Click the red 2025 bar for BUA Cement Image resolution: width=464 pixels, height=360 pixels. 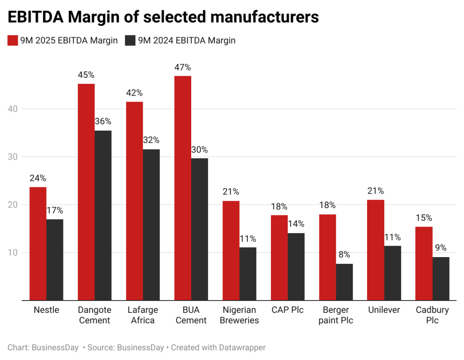(183, 188)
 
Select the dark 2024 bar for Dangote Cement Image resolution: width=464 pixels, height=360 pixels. (103, 215)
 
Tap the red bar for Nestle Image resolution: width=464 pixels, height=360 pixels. (38, 243)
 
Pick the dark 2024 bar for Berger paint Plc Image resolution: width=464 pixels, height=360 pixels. (344, 282)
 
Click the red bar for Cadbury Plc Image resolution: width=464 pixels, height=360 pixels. (424, 263)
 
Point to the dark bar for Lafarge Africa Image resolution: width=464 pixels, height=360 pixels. (151, 224)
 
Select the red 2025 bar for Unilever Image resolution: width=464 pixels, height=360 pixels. (376, 250)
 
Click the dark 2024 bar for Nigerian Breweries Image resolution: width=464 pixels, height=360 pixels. (248, 273)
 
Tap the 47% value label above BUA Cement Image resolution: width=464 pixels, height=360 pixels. (183, 67)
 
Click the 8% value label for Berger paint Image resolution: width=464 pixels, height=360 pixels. (344, 255)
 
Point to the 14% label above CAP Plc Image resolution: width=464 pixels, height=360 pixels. (296, 224)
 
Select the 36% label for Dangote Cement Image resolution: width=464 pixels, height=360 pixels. (103, 122)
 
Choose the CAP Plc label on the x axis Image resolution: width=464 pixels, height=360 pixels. (288, 310)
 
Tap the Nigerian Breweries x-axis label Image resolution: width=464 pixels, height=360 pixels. (239, 315)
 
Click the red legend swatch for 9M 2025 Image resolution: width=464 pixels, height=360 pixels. (12, 40)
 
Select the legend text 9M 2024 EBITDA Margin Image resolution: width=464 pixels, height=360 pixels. (187, 40)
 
